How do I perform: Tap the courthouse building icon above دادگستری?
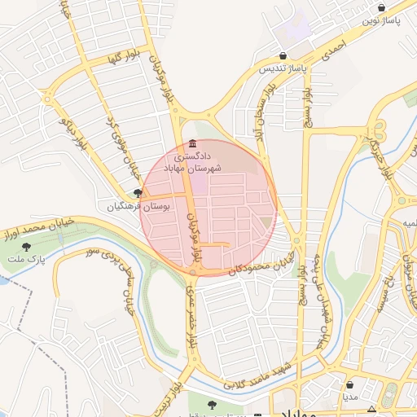[192, 143]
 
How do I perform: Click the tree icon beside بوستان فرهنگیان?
[138, 194]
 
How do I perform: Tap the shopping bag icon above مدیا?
[350, 384]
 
